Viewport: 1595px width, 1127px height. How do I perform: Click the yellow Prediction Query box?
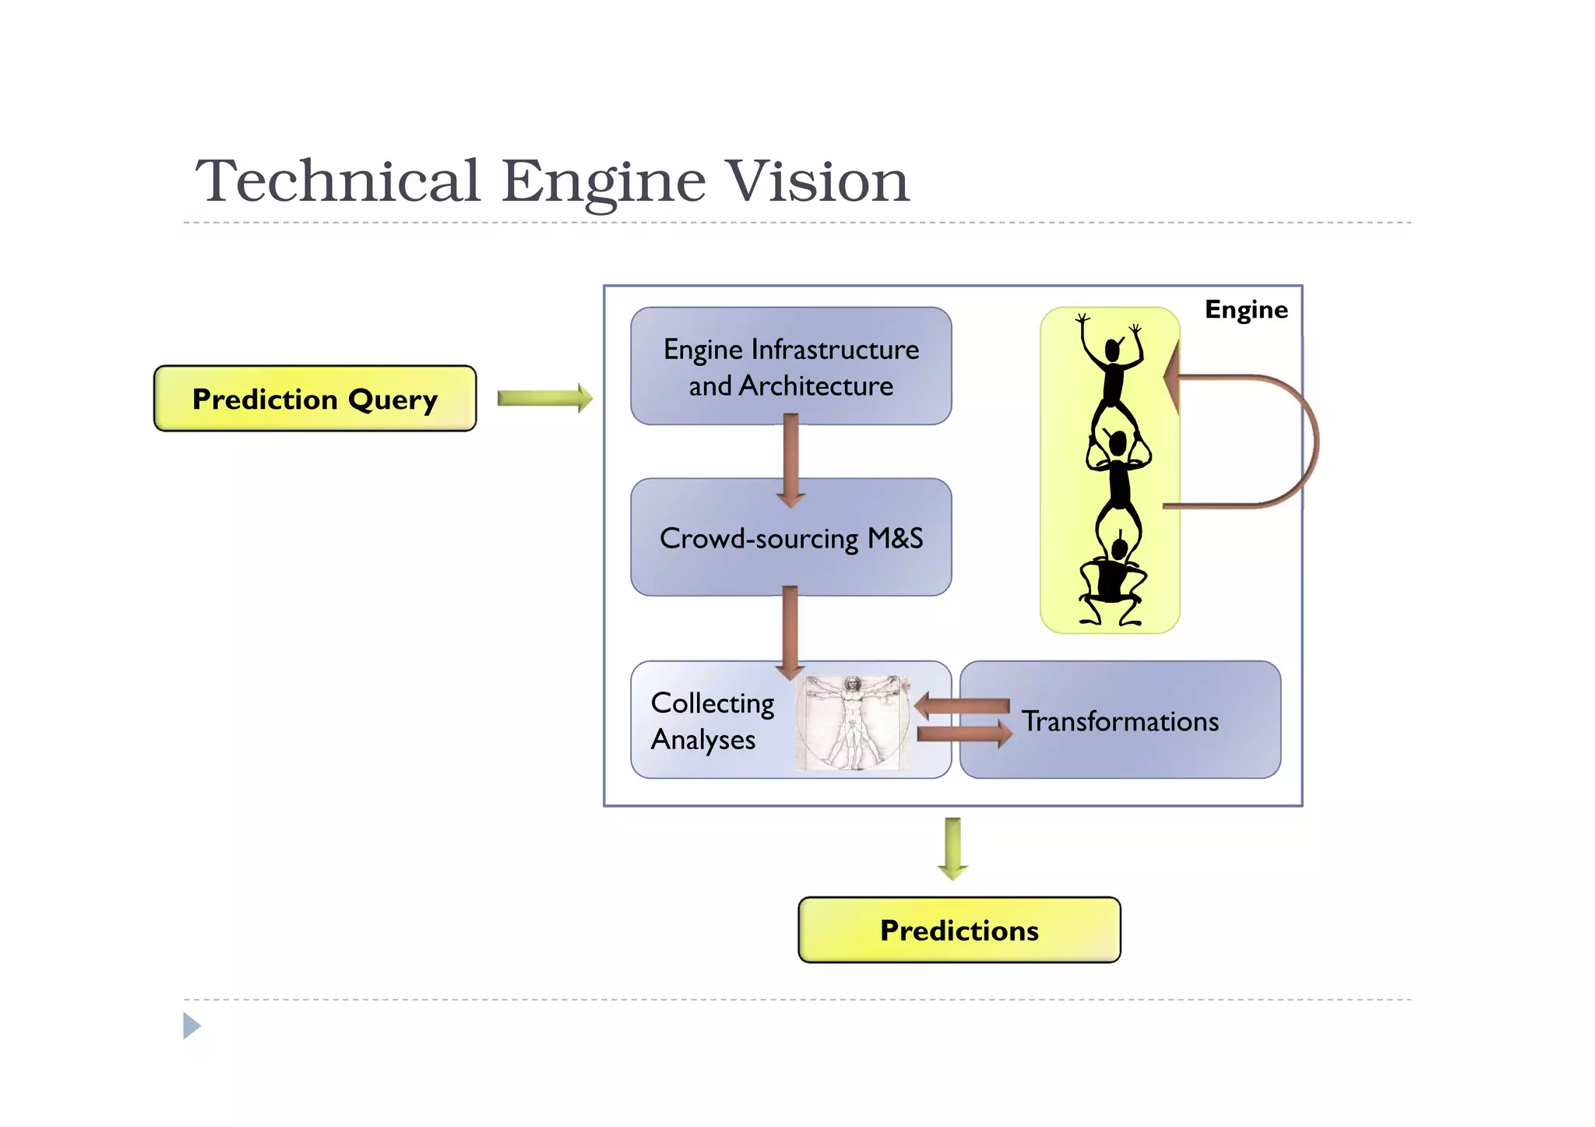(315, 399)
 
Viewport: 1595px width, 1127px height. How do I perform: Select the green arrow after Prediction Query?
(544, 398)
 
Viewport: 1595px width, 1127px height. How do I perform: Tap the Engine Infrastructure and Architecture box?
(790, 367)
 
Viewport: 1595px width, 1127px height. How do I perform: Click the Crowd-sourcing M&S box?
(790, 538)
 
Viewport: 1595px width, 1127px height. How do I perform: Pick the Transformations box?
(1120, 721)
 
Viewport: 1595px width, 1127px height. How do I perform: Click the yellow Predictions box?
(959, 930)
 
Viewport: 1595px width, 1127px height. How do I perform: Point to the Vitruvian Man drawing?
(854, 723)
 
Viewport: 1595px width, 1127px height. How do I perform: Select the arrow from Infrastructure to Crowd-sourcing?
(790, 460)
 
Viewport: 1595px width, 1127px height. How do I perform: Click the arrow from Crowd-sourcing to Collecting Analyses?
(790, 631)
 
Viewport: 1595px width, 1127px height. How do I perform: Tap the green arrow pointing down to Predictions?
(952, 848)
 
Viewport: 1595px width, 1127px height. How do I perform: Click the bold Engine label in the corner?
(1245, 310)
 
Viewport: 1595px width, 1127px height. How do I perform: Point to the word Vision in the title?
(816, 181)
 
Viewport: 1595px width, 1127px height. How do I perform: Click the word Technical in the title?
(337, 181)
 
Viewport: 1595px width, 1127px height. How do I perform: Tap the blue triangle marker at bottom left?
(192, 1026)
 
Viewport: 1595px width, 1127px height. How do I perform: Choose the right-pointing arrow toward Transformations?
(964, 734)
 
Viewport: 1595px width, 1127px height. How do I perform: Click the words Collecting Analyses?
(712, 721)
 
